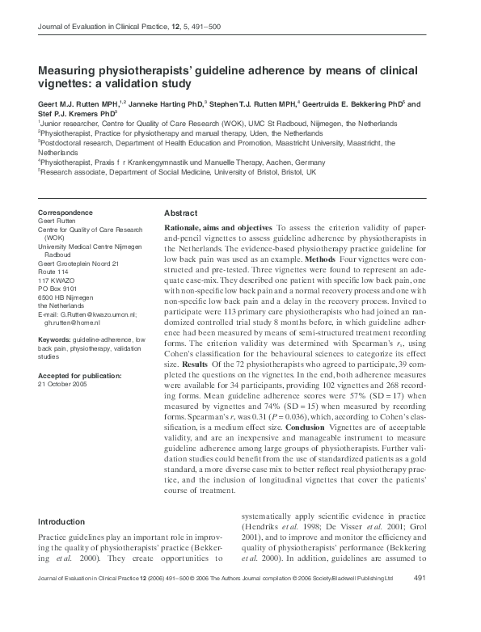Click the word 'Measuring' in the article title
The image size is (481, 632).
pyautogui.click(x=69, y=71)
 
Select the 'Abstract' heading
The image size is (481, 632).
pyautogui.click(x=182, y=213)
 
